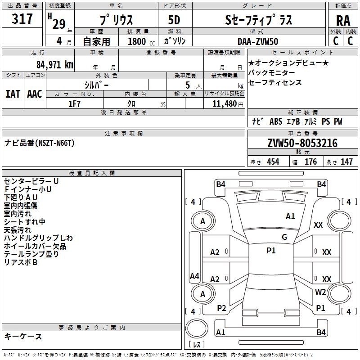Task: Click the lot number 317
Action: pyautogui.click(x=22, y=18)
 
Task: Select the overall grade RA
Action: pyautogui.click(x=343, y=21)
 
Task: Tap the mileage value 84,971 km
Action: pyautogui.click(x=54, y=64)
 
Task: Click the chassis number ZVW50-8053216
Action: pyautogui.click(x=302, y=143)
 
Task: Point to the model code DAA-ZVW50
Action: pyautogui.click(x=258, y=41)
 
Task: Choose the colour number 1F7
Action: pyautogui.click(x=74, y=104)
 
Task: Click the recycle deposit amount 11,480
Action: pyautogui.click(x=224, y=103)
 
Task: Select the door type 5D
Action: pyautogui.click(x=174, y=20)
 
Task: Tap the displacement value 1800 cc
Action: pyautogui.click(x=141, y=41)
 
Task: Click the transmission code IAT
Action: pyautogui.click(x=13, y=94)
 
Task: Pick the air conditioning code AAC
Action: pyautogui.click(x=35, y=94)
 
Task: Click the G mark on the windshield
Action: pyautogui.click(x=284, y=237)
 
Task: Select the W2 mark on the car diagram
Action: pyautogui.click(x=320, y=292)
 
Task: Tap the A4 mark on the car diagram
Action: pyautogui.click(x=194, y=276)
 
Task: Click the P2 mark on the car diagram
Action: pyautogui.click(x=221, y=308)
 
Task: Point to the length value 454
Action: pyautogui.click(x=273, y=162)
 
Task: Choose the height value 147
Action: pyautogui.click(x=346, y=162)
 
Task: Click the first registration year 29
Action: pyautogui.click(x=59, y=24)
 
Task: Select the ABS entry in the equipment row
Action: pyautogui.click(x=276, y=121)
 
